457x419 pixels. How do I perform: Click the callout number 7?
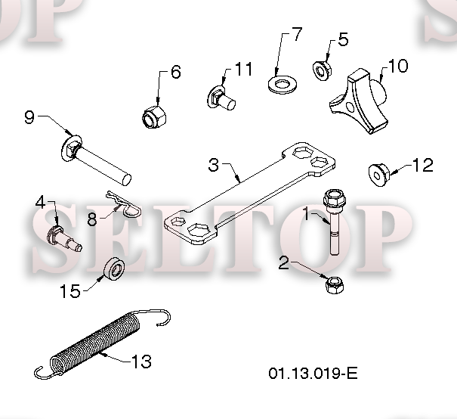click(295, 34)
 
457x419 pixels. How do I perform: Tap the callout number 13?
click(140, 362)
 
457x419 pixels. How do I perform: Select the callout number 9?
click(29, 117)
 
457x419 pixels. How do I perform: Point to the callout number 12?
click(422, 166)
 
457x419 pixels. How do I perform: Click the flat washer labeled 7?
click(282, 80)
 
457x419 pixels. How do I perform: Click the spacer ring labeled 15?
click(115, 268)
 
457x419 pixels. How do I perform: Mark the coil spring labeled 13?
click(98, 344)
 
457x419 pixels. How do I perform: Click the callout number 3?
click(214, 164)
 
